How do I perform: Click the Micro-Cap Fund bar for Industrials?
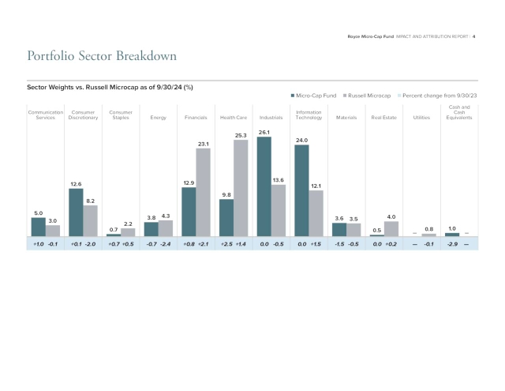(264, 186)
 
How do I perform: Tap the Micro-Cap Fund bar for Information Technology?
(302, 190)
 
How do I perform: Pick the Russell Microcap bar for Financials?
(203, 192)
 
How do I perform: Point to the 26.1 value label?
(264, 132)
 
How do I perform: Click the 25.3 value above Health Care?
(241, 135)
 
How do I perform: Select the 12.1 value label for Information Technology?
(316, 186)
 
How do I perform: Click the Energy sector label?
(158, 118)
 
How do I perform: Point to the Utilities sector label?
(422, 118)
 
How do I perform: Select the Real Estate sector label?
(383, 118)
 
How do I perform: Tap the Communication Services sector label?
(45, 115)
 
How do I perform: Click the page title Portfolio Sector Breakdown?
(102, 56)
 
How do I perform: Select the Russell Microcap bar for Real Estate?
(391, 228)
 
